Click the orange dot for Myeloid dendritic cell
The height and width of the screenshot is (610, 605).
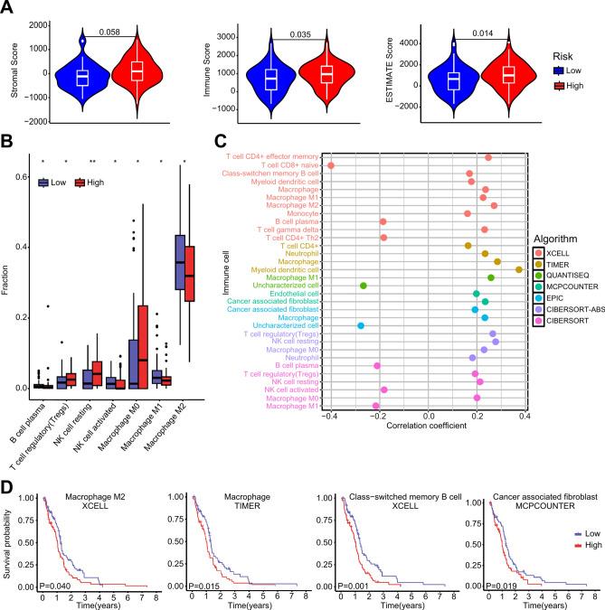click(519, 269)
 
